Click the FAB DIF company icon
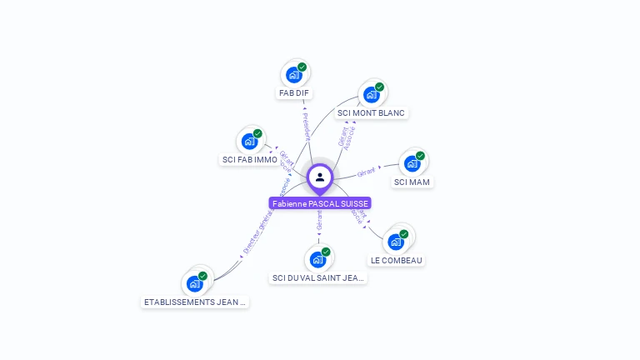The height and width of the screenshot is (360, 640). point(293,75)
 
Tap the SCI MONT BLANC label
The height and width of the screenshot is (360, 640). point(371,112)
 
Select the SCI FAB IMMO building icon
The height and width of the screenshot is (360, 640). point(248,142)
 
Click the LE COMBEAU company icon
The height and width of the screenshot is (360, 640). point(396,242)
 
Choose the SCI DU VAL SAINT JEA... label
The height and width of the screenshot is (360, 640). point(319,277)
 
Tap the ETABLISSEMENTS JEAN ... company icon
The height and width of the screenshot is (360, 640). point(194,283)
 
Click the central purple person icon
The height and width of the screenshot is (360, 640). point(320,177)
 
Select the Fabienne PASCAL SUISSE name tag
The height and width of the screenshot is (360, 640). point(320,203)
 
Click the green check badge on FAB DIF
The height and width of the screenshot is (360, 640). point(302,67)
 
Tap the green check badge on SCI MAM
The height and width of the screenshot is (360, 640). point(420,156)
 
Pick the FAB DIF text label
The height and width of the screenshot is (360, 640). point(294,93)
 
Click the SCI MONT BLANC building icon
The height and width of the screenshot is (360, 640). point(371,95)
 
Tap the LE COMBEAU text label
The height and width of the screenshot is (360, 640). point(397,260)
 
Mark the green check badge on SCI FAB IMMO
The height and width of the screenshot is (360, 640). point(257,133)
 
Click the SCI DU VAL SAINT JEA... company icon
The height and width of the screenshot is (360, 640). point(317,259)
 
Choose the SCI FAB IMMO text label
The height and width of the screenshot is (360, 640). point(250,159)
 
